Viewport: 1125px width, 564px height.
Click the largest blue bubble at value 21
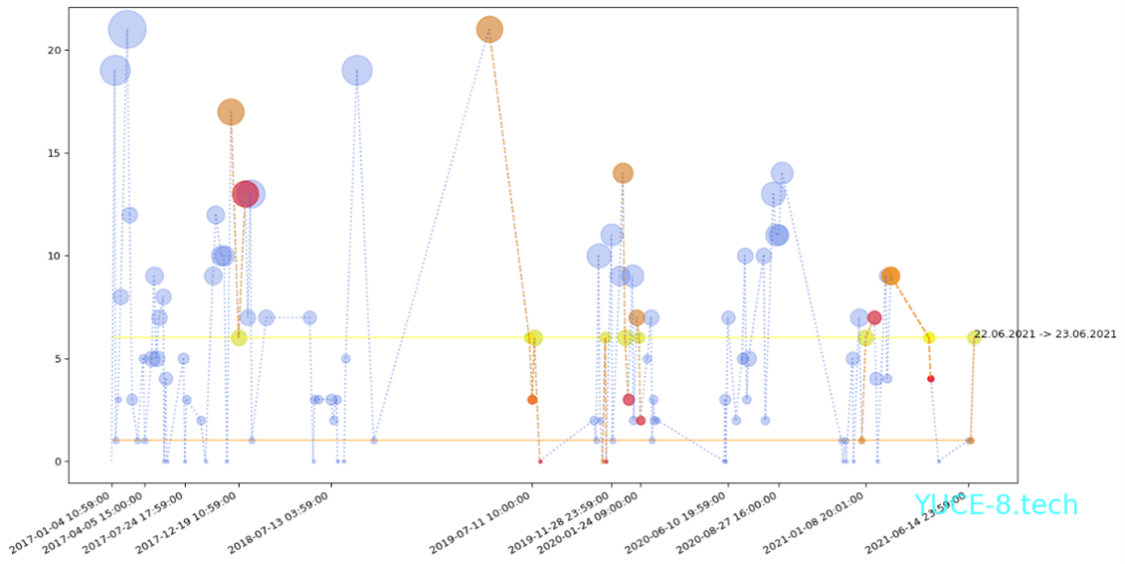click(x=126, y=30)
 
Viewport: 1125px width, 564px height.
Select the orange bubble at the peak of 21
click(x=488, y=30)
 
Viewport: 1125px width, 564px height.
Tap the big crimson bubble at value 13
click(x=246, y=194)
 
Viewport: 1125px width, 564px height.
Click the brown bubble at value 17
click(x=231, y=111)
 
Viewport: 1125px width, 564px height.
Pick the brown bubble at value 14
click(x=623, y=173)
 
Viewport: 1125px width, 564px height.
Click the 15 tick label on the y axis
click(x=56, y=153)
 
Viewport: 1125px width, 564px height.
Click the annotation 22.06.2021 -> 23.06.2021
click(x=1044, y=334)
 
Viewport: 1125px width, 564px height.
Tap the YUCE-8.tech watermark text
click(x=996, y=505)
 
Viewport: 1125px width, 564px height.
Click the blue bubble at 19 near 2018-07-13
click(x=357, y=71)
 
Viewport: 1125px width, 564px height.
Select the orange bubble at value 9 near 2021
click(x=890, y=276)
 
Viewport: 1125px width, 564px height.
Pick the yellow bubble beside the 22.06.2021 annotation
click(x=974, y=337)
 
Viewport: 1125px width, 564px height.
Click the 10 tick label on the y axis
click(x=56, y=256)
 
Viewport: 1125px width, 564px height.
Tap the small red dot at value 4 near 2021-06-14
click(x=931, y=379)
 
